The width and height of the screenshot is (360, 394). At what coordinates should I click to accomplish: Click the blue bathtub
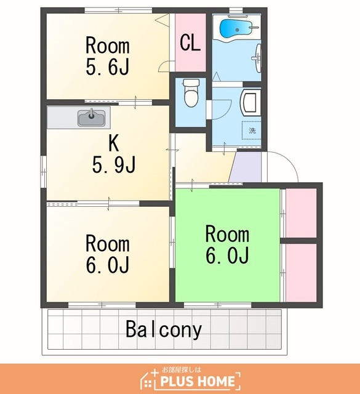pyautogui.click(x=236, y=28)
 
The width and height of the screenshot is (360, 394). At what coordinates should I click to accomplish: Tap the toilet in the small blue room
pyautogui.click(x=191, y=93)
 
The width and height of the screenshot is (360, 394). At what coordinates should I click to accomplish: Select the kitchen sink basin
pyautogui.click(x=92, y=118)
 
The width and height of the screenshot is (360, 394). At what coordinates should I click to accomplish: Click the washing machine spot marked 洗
pyautogui.click(x=252, y=131)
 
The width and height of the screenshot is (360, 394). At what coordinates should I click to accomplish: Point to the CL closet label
pyautogui.click(x=190, y=43)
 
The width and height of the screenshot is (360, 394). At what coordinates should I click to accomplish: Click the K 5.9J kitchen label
pyautogui.click(x=114, y=153)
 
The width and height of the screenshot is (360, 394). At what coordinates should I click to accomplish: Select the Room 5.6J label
pyautogui.click(x=108, y=56)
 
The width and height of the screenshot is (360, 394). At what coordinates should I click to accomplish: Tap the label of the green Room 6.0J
pyautogui.click(x=227, y=244)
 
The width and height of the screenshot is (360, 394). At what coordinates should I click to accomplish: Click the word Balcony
pyautogui.click(x=164, y=330)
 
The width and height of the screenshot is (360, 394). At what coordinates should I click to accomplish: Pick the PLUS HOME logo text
pyautogui.click(x=198, y=381)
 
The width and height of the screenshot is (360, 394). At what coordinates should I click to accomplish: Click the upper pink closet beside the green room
pyautogui.click(x=301, y=213)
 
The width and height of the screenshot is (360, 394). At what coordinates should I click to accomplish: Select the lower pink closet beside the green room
pyautogui.click(x=301, y=273)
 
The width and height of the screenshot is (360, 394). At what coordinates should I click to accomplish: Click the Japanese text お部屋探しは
pyautogui.click(x=182, y=369)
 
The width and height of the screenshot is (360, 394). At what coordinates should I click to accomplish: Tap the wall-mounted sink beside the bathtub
pyautogui.click(x=257, y=58)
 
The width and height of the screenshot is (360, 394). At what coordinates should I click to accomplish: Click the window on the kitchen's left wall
pyautogui.click(x=44, y=172)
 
